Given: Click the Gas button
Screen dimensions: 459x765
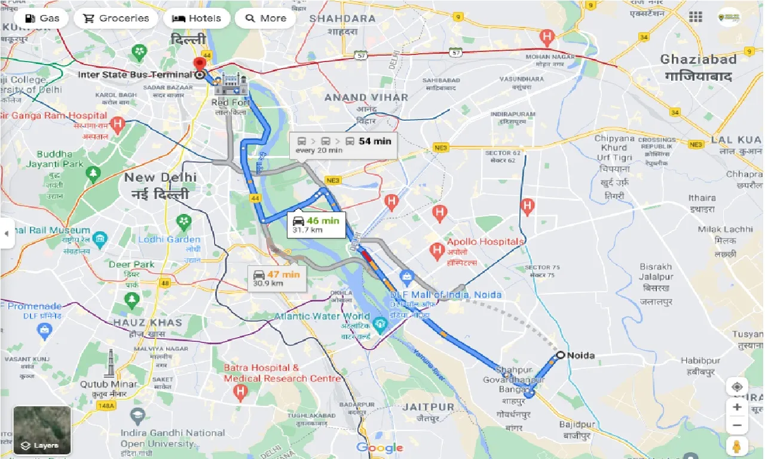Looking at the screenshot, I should (x=41, y=18).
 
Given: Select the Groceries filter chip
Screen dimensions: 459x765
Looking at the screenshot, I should (x=116, y=18).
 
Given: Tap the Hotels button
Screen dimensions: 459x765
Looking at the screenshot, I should (x=196, y=18).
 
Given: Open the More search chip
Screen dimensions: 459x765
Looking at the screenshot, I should (x=265, y=18).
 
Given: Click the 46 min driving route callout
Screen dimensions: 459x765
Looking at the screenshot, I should (x=316, y=225).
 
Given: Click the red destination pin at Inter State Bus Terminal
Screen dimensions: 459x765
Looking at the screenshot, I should (x=199, y=64).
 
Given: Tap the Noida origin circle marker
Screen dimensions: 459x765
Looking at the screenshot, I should (x=559, y=355).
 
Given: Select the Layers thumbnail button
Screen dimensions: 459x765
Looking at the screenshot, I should (x=42, y=430).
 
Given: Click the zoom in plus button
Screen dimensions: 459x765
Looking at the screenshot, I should (x=737, y=407).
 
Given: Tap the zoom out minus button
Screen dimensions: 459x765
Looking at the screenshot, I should (x=737, y=426).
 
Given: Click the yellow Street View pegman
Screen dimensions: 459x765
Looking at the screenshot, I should (x=737, y=446).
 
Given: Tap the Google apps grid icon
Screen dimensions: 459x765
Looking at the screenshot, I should (x=696, y=17).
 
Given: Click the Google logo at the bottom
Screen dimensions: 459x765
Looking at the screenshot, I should (x=380, y=448).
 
